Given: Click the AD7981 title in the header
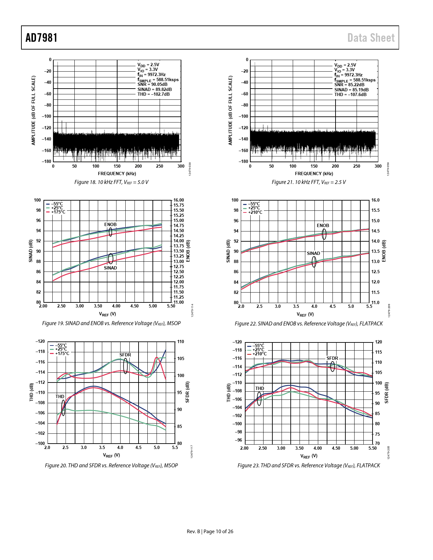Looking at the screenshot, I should pos(41,38).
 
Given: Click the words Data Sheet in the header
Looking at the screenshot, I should pos(371,38).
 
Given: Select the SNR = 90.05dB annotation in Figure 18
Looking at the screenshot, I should pos(152,85).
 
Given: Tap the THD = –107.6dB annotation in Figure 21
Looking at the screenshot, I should pos(350,95).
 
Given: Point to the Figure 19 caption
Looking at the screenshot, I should pos(111,323).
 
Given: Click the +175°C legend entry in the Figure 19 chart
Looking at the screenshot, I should pos(58,212).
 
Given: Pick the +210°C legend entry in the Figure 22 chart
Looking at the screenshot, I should pos(255,212).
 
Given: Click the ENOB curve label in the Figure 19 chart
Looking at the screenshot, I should pos(110,225).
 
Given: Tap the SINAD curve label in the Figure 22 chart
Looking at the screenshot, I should pos(313,254).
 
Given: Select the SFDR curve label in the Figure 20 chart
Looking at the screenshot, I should pos(125,355).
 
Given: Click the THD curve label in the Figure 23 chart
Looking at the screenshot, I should pos(259,389).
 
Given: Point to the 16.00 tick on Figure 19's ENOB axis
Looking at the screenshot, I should pos(179,200).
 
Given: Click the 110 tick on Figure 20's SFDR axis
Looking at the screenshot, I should pos(180,342).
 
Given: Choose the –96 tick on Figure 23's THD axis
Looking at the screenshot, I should pos(239,440).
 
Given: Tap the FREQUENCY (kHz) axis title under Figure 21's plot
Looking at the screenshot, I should pos(314,174).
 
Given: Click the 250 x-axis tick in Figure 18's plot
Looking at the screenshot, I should pos(160,166).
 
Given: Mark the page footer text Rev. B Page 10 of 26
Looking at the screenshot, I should pos(210,531).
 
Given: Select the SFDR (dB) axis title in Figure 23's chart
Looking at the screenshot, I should pos(386,393).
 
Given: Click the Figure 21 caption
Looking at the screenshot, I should pos(308,182).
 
